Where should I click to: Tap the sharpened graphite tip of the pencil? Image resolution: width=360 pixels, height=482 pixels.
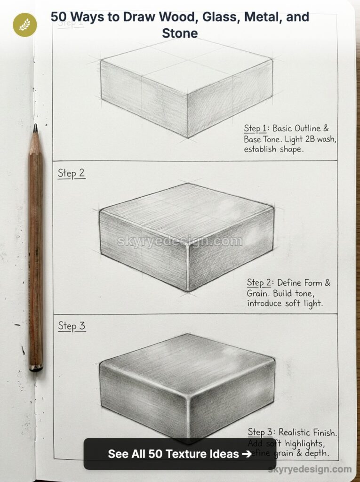tap(35, 128)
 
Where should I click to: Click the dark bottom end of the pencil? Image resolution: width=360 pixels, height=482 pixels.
tap(36, 368)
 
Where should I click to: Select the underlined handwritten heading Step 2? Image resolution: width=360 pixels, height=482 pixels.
tap(71, 173)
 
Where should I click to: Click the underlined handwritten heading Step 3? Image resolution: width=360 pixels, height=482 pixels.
tap(72, 326)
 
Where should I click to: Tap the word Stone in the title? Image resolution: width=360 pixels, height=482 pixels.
tap(180, 33)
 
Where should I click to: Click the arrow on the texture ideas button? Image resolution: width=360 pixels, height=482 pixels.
tap(246, 454)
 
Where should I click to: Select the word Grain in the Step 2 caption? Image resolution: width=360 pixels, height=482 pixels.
tap(258, 293)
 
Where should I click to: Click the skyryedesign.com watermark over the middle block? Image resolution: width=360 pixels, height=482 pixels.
tap(179, 241)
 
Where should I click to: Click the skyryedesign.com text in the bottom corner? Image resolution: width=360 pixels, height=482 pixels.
tap(310, 469)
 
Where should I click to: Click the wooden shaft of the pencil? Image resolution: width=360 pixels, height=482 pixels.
tap(36, 249)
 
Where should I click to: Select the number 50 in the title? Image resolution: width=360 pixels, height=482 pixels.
tap(59, 17)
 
